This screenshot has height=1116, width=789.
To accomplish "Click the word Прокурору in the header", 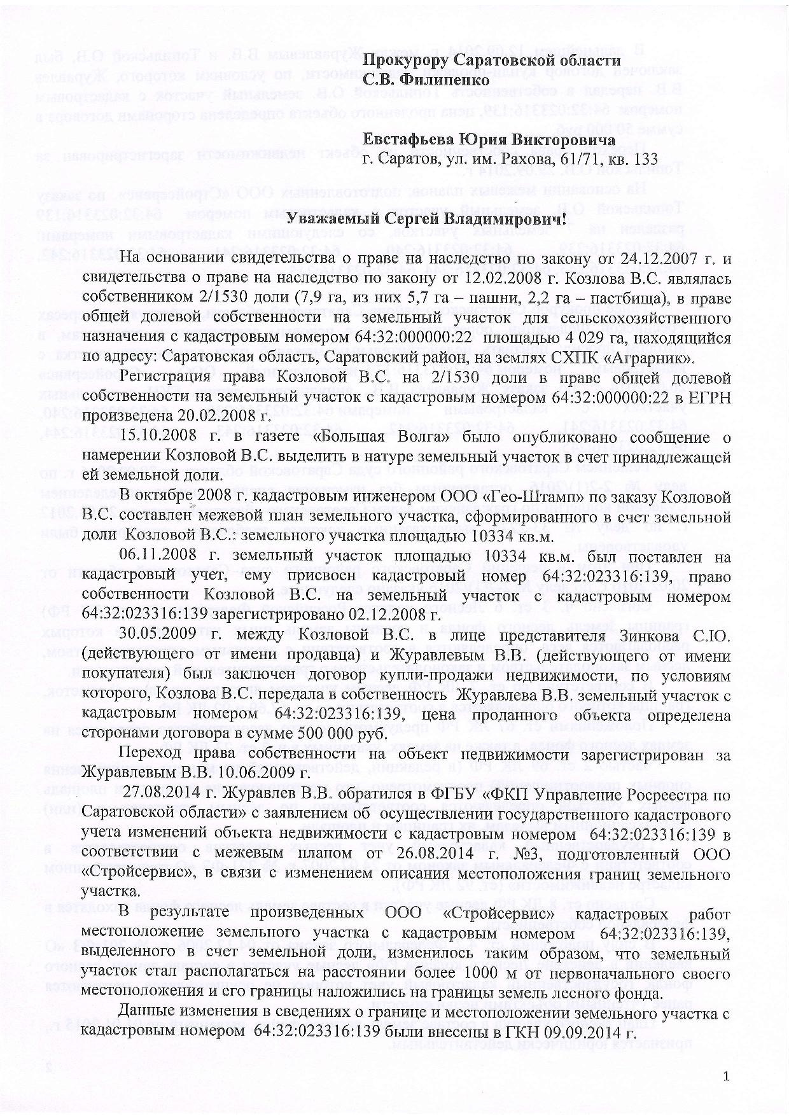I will [405, 60].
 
